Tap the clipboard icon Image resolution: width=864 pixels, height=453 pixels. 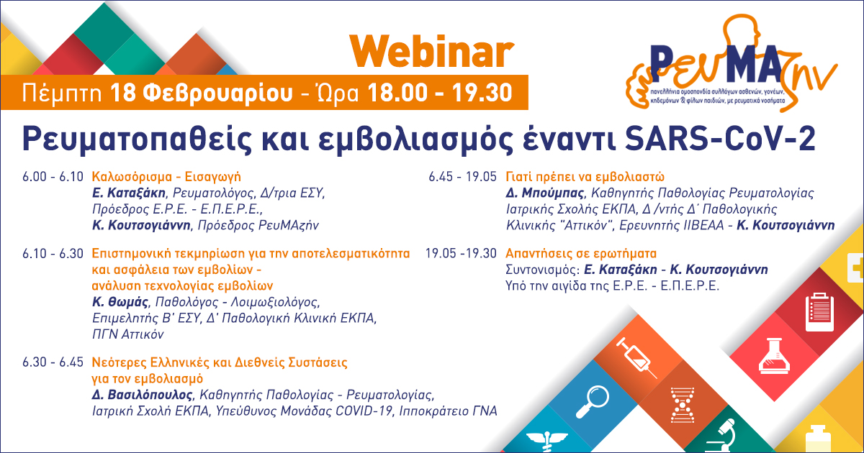pos(816,311)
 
